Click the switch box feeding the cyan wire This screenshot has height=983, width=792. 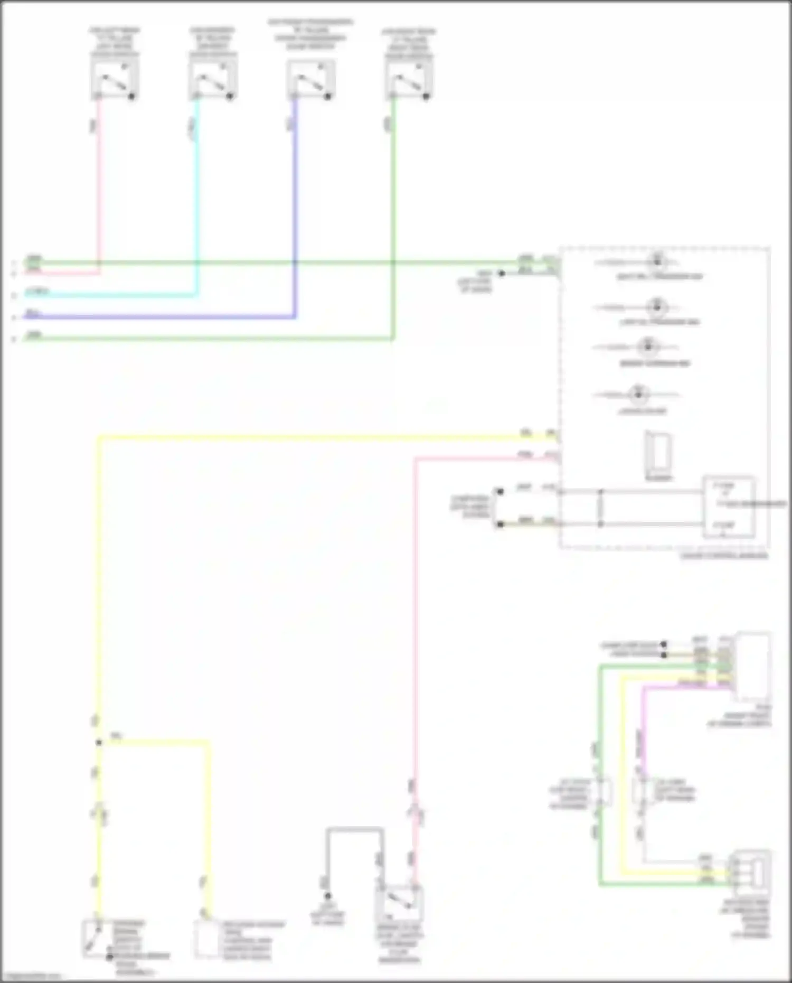pos(213,79)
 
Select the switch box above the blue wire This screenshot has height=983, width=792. pos(310,79)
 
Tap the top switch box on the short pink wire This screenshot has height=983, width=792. pos(115,79)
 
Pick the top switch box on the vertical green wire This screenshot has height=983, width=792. pos(409,79)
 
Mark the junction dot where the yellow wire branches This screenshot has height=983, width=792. pos(99,743)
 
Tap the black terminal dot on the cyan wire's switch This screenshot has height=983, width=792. pos(230,97)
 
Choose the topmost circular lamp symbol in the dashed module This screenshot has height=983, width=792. pos(657,261)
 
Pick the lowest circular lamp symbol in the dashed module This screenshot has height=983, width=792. pos(638,394)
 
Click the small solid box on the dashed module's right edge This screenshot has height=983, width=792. pos(728,506)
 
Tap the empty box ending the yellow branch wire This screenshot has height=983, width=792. pos(207,938)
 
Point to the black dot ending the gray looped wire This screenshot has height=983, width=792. pos(327,896)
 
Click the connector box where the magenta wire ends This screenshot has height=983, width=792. pos(753,666)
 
